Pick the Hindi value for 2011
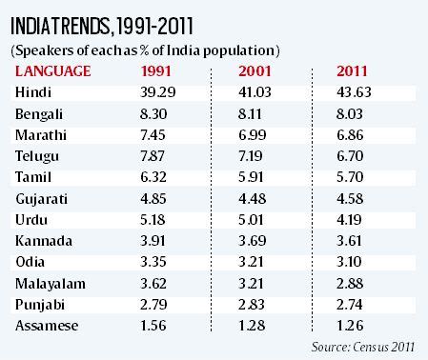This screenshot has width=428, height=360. pos(357,92)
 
